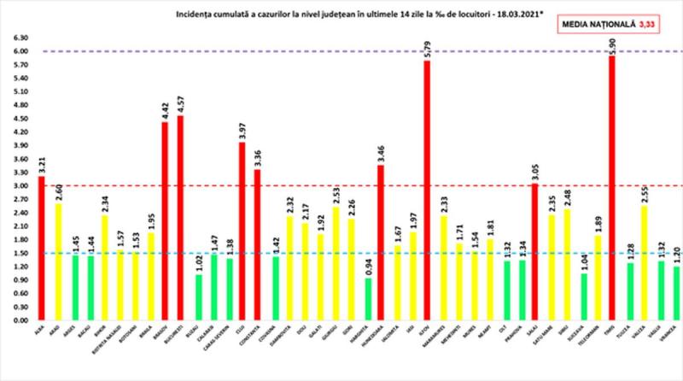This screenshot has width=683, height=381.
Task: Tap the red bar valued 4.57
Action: pyautogui.click(x=179, y=218)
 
